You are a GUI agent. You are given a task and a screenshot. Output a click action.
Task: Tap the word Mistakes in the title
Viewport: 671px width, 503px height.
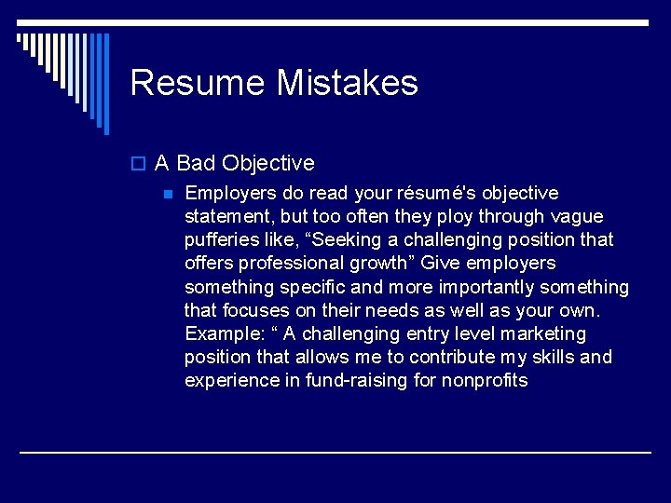[347, 83]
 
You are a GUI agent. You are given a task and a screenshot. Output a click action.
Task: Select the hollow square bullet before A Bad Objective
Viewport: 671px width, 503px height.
[139, 164]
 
